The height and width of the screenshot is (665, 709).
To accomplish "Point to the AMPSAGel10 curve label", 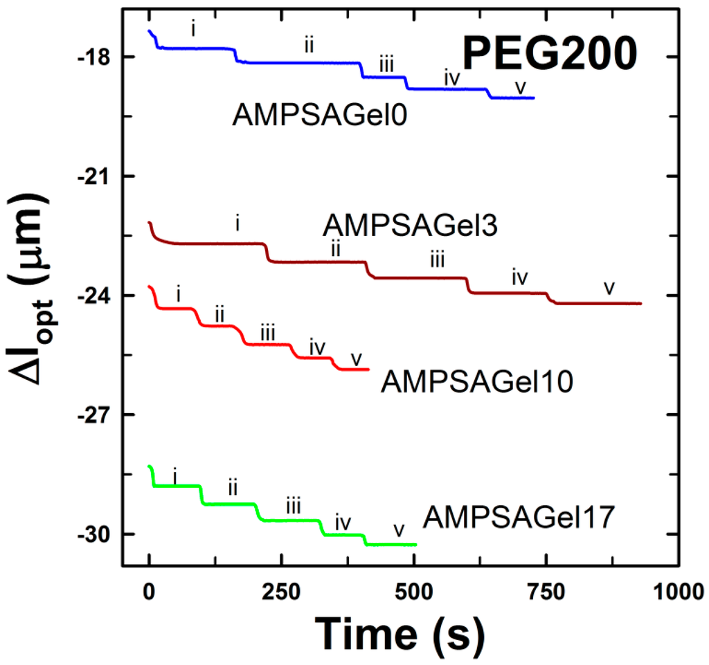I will (x=476, y=381).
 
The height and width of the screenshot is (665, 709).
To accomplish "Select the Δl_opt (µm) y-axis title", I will (x=28, y=298).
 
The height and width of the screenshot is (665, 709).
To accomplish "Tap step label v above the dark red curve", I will (x=609, y=287).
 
